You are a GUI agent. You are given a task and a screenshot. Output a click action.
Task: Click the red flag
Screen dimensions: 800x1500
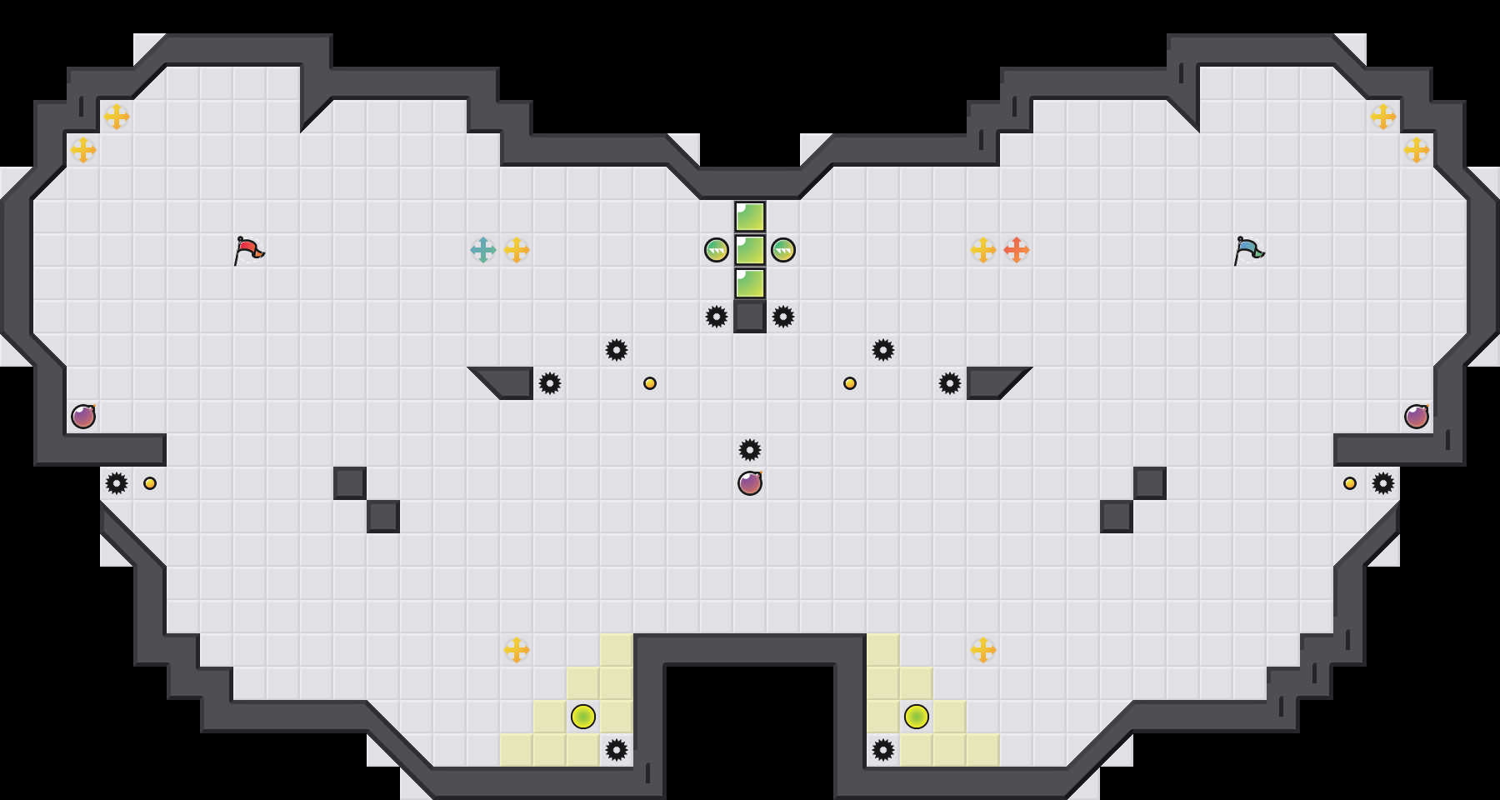click(248, 250)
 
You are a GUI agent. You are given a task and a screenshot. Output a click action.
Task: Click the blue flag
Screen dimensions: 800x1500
click(1248, 250)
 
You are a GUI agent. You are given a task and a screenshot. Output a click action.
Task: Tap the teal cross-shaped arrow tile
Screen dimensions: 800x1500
click(483, 250)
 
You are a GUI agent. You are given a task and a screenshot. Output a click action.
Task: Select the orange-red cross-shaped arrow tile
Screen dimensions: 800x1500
click(1017, 250)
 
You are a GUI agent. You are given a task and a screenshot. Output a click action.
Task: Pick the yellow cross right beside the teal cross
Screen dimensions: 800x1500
click(517, 250)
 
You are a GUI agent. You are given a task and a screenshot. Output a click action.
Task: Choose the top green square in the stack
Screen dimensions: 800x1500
click(750, 217)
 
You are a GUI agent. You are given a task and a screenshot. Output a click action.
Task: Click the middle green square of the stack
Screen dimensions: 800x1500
click(750, 250)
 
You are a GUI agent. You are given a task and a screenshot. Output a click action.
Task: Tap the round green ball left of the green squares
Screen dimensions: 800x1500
click(717, 250)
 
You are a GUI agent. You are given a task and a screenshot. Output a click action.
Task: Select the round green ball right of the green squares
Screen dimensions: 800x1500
click(783, 250)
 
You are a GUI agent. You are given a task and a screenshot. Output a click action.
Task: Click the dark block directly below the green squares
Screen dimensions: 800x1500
click(750, 317)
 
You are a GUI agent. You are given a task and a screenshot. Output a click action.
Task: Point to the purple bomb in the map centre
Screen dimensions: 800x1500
click(750, 483)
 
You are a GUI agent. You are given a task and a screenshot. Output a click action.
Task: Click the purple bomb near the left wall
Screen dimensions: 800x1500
click(83, 417)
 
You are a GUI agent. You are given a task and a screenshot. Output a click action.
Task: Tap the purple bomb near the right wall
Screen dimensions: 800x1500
click(1417, 417)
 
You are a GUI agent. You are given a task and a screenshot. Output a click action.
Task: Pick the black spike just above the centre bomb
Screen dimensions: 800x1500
click(750, 450)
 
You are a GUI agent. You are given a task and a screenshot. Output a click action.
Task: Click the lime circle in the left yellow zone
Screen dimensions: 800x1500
click(583, 717)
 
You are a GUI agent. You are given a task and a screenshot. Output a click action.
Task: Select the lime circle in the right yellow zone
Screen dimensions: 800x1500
click(917, 717)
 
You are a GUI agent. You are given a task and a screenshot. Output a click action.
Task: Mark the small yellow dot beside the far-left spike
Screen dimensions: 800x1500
click(150, 483)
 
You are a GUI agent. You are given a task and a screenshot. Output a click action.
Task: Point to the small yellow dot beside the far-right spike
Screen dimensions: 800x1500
click(1350, 483)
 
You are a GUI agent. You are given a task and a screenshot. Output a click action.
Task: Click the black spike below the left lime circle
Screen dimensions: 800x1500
click(617, 750)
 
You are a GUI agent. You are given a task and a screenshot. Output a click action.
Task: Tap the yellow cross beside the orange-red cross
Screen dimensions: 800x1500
click(983, 250)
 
